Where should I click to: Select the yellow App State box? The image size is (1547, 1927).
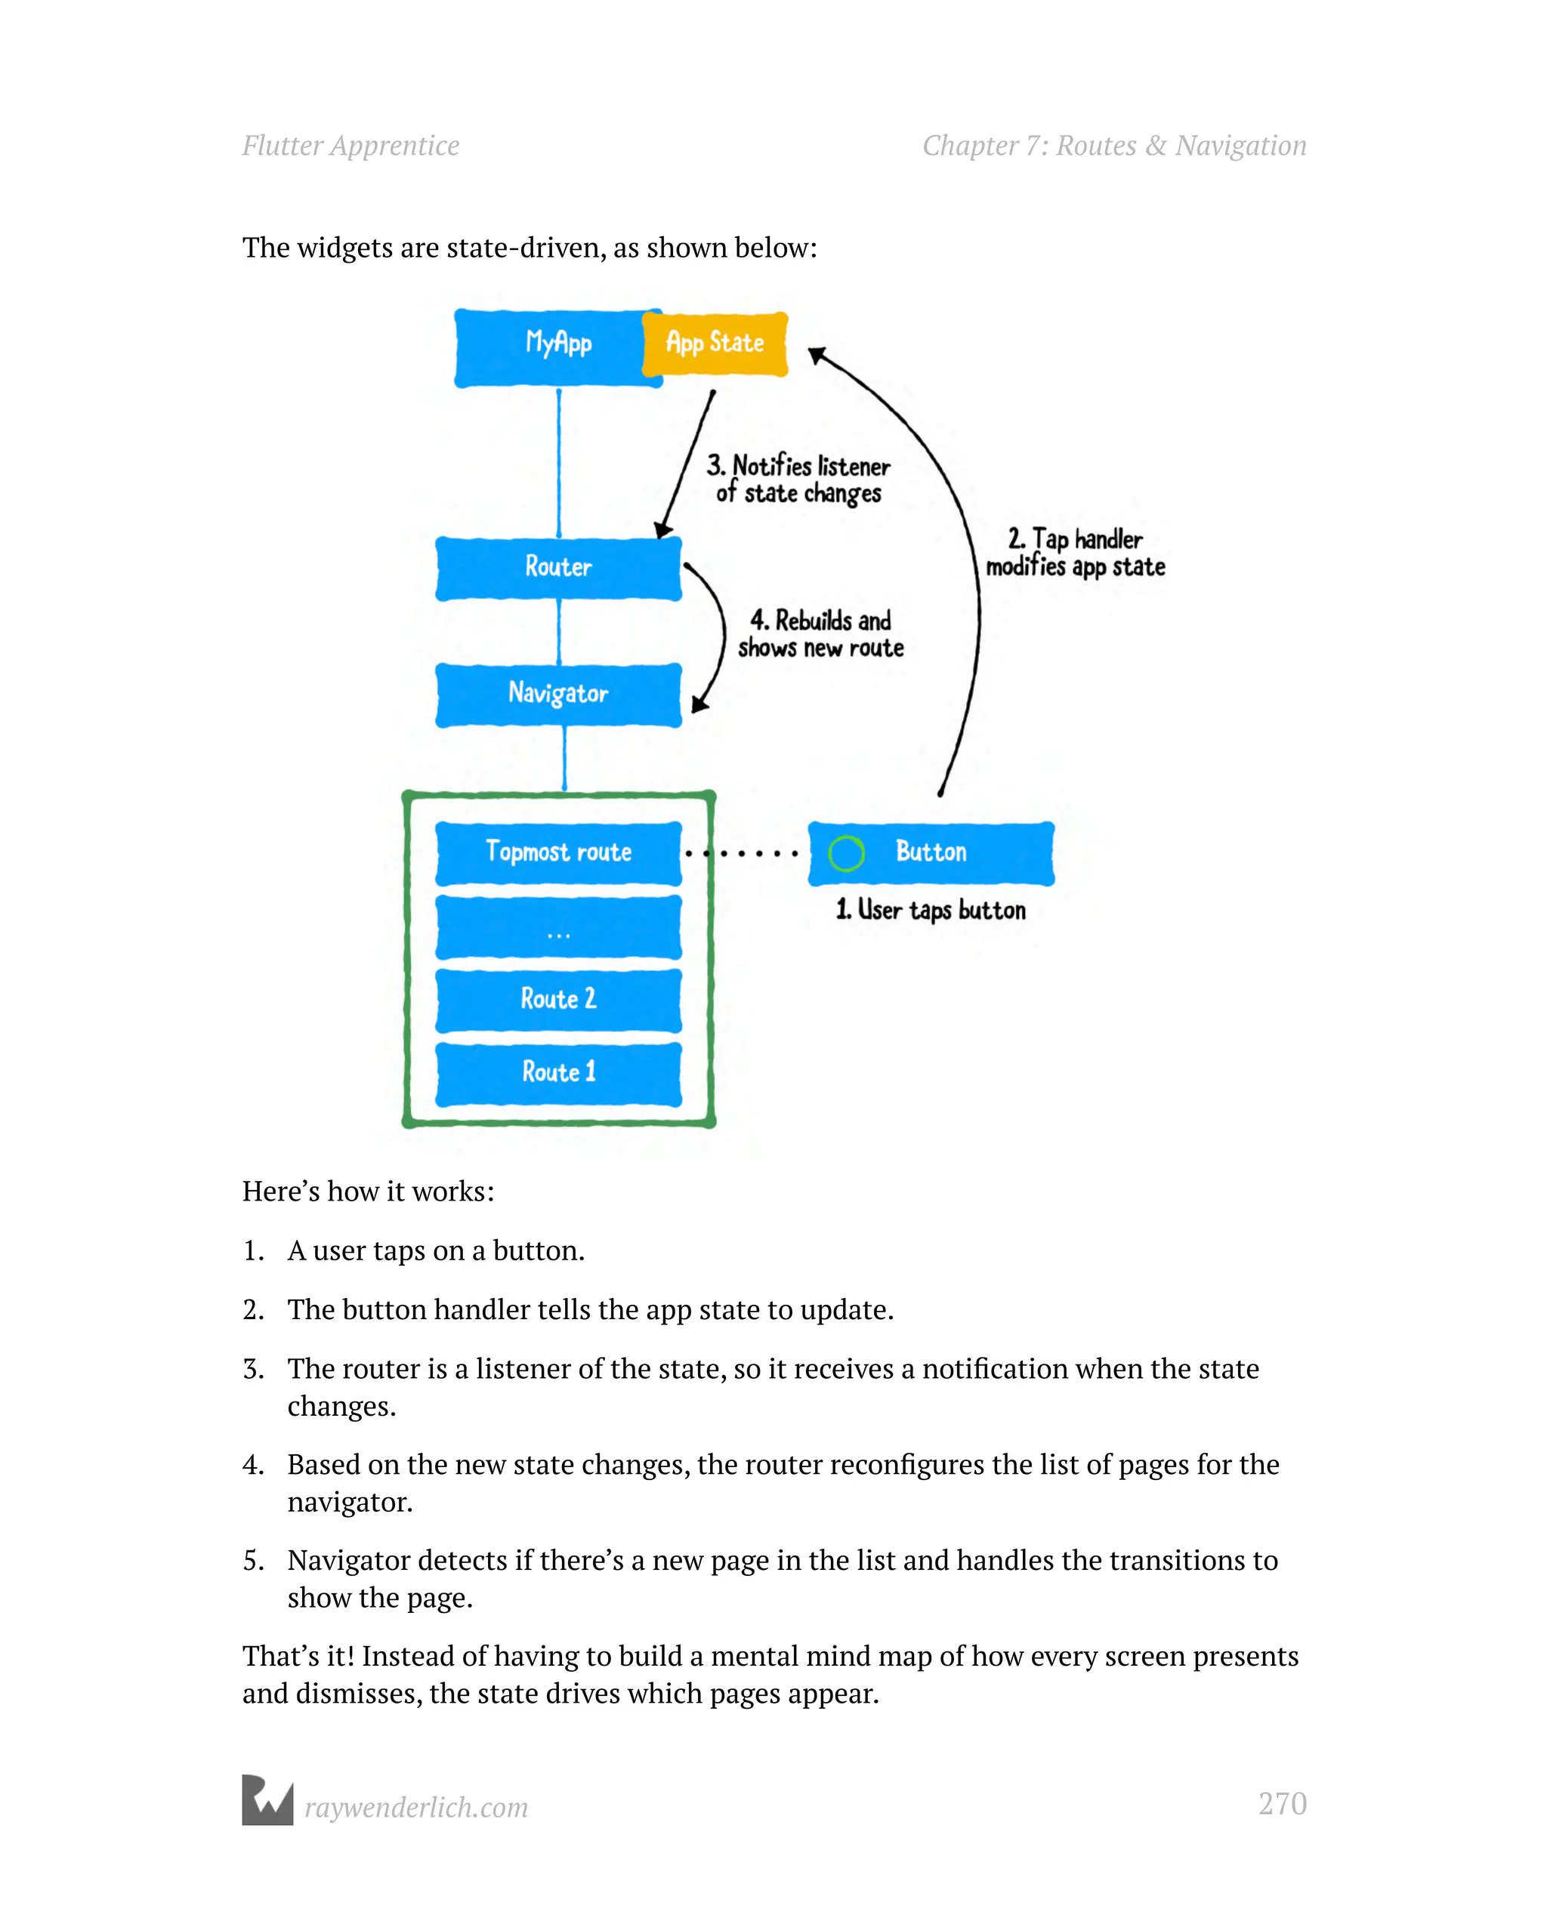coord(715,344)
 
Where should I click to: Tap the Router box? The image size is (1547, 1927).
coord(558,569)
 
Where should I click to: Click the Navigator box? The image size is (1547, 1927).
coord(558,695)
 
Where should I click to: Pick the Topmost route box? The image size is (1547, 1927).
coord(558,853)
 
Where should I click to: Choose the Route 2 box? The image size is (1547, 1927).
coord(558,999)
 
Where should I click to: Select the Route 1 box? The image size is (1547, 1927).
coord(558,1072)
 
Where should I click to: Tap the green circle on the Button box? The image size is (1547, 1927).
coord(846,853)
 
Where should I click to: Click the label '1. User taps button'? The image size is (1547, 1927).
coord(930,910)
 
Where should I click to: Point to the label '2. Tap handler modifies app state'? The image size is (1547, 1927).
coord(1075,553)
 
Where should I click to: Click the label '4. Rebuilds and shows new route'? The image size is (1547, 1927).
coord(820,634)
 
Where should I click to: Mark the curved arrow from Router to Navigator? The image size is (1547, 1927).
coord(721,630)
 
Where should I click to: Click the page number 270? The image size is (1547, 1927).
coord(1281,1804)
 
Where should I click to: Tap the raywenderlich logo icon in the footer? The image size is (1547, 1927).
coord(267,1799)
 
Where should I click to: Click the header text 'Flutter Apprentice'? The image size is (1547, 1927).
coord(350,146)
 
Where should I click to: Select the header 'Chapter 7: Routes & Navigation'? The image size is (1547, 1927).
coord(1114,146)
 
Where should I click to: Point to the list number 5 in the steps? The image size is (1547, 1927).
coord(252,1561)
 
